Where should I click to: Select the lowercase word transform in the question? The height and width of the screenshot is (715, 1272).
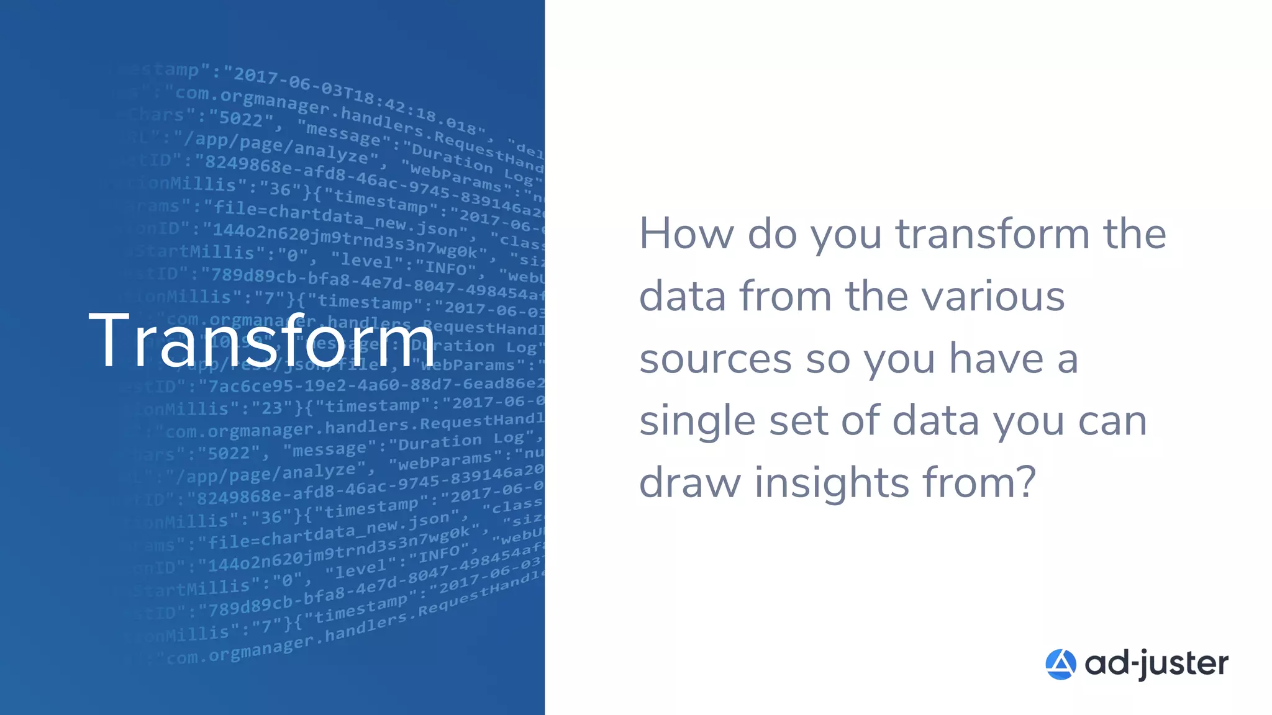tap(992, 235)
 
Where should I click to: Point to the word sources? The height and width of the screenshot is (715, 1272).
tap(715, 360)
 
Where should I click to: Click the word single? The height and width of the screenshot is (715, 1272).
tap(697, 422)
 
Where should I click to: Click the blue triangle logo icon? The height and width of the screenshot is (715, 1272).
tap(1060, 664)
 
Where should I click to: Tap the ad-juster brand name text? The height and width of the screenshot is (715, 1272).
tap(1156, 663)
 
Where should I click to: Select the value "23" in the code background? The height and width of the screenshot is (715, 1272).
tap(272, 408)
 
